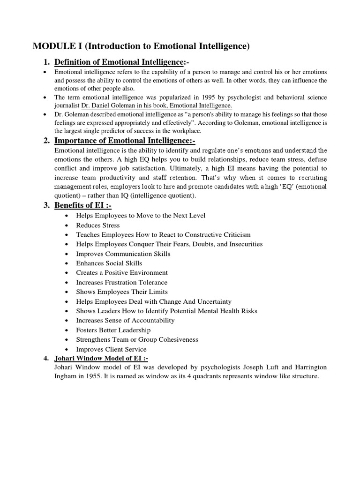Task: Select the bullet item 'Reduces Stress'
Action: (x=98, y=225)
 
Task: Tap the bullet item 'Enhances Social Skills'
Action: (x=109, y=263)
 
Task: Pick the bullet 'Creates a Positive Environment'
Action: (x=121, y=272)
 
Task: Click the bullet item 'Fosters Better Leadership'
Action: (x=113, y=330)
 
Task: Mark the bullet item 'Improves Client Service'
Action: (x=111, y=349)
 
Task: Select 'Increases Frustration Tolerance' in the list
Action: (x=121, y=282)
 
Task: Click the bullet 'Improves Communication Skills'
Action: (x=123, y=254)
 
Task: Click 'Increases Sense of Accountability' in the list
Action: (x=125, y=320)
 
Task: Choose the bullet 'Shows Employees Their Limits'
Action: (x=121, y=292)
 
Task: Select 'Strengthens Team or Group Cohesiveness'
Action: (x=137, y=339)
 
